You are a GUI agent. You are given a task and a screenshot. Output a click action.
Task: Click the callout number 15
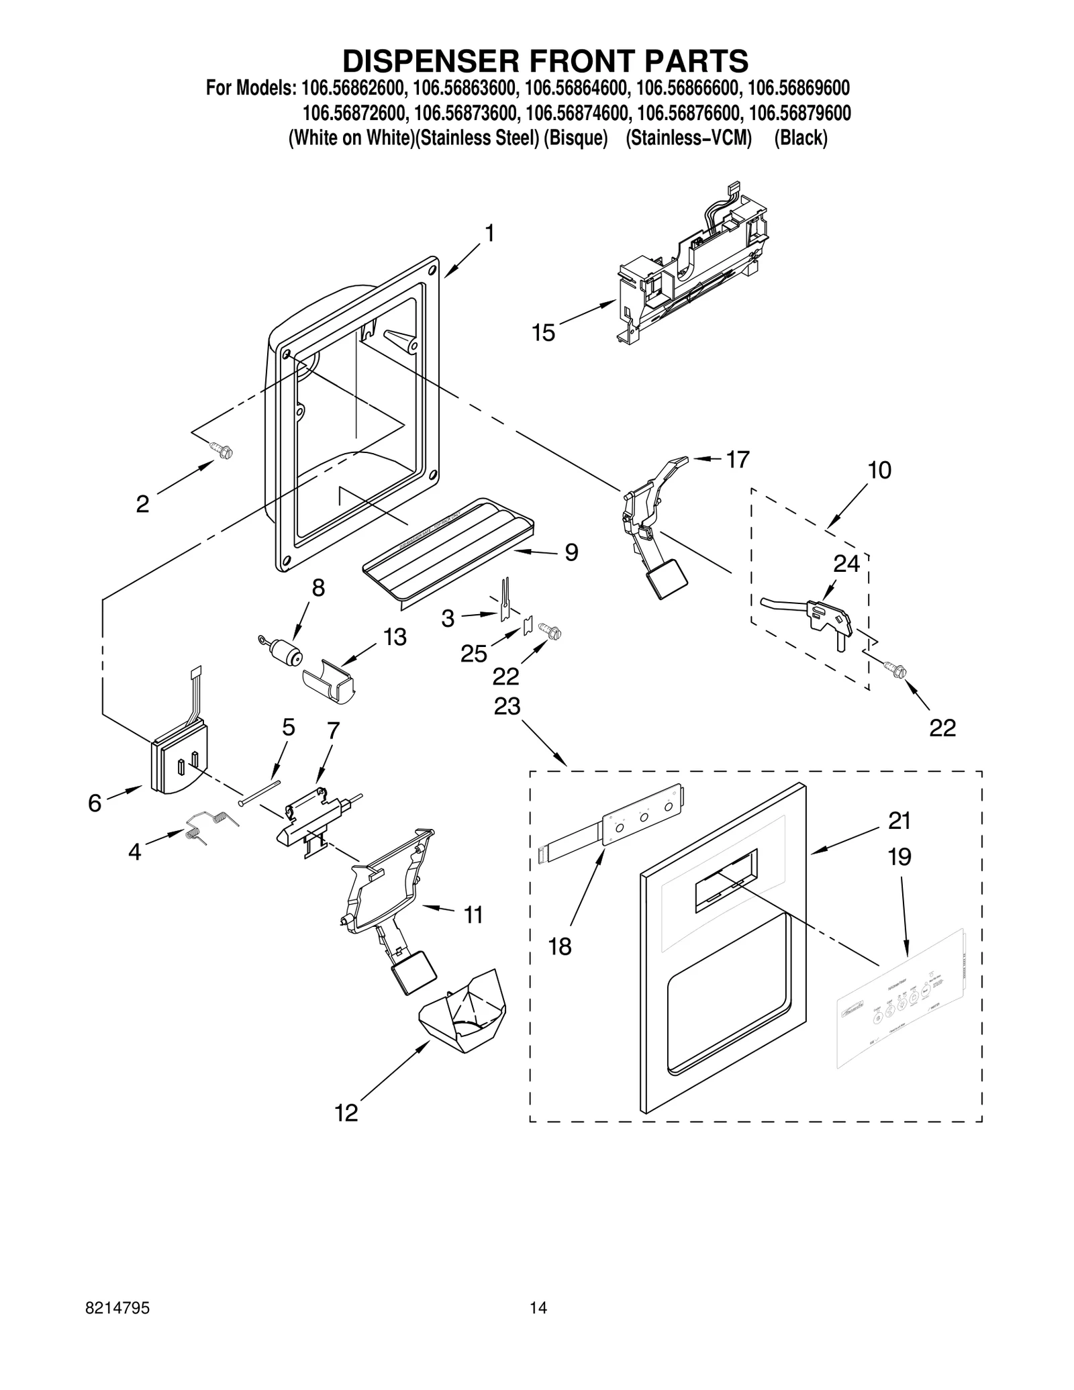(x=543, y=333)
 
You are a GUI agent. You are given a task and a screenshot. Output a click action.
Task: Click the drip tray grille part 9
(x=448, y=548)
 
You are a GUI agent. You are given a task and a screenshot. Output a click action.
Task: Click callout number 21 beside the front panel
(x=899, y=821)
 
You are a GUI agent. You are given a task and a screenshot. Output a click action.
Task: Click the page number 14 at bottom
(x=538, y=1326)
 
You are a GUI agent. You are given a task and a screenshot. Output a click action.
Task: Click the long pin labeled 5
(x=259, y=790)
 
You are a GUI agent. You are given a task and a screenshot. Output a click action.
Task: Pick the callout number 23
(x=507, y=706)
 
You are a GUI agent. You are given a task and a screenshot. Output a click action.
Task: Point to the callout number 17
(x=737, y=460)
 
